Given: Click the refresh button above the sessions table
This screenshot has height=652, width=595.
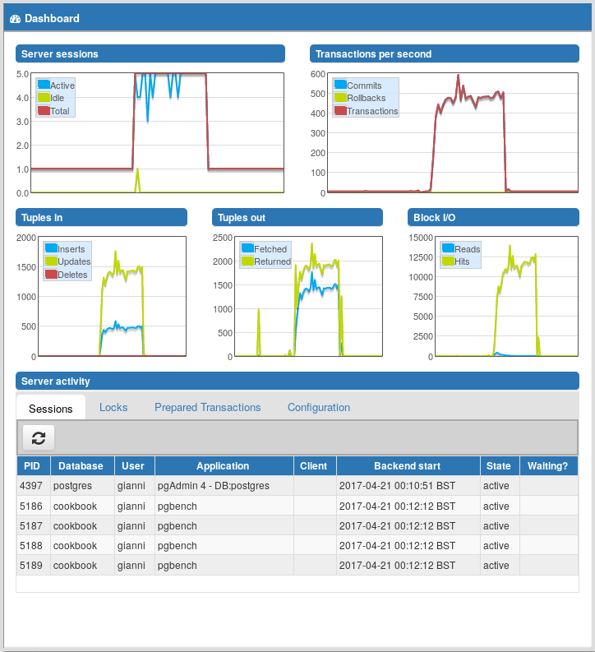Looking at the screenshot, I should tap(38, 437).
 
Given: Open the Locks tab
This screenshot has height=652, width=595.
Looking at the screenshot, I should tap(113, 408).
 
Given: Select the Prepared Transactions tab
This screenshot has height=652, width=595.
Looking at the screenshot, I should tap(207, 408).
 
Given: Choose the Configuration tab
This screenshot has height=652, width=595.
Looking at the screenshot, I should tap(319, 408).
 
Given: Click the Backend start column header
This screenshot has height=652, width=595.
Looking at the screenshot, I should tap(408, 466).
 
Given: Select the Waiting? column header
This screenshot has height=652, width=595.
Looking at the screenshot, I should tap(547, 466).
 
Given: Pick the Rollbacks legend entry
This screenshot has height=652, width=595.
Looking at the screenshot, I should tap(366, 99).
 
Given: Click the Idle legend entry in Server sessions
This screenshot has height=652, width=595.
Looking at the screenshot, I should tap(58, 99).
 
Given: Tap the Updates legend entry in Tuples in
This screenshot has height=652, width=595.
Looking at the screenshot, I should tap(74, 261).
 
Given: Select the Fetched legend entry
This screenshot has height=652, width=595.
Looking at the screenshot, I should tap(270, 249).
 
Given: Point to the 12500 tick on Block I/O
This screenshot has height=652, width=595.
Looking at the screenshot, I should tap(419, 257).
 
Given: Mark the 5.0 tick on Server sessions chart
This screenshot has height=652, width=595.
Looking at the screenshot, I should tap(23, 74).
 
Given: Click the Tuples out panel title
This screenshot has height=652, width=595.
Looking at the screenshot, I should tap(242, 218).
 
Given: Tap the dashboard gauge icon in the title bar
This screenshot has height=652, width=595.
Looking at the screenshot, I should tap(15, 18).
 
